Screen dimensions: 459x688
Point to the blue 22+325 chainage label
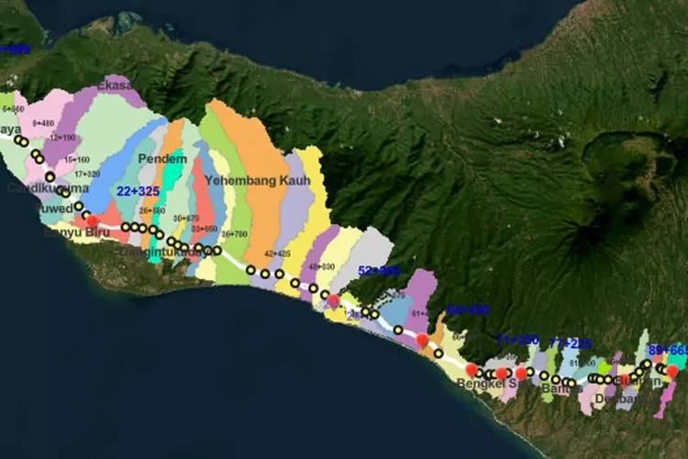(139, 190)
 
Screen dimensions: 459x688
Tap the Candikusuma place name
(37, 188)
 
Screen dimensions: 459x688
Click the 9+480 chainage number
(44, 122)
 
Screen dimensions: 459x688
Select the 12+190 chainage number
(62, 138)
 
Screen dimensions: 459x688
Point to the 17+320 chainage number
(87, 174)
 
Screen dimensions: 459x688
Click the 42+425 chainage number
(277, 252)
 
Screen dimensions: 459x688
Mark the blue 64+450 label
(467, 310)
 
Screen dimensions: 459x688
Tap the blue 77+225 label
(570, 342)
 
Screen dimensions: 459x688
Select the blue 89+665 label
(667, 350)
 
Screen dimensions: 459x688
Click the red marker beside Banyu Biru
(92, 220)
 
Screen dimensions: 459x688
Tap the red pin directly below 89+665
(671, 371)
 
